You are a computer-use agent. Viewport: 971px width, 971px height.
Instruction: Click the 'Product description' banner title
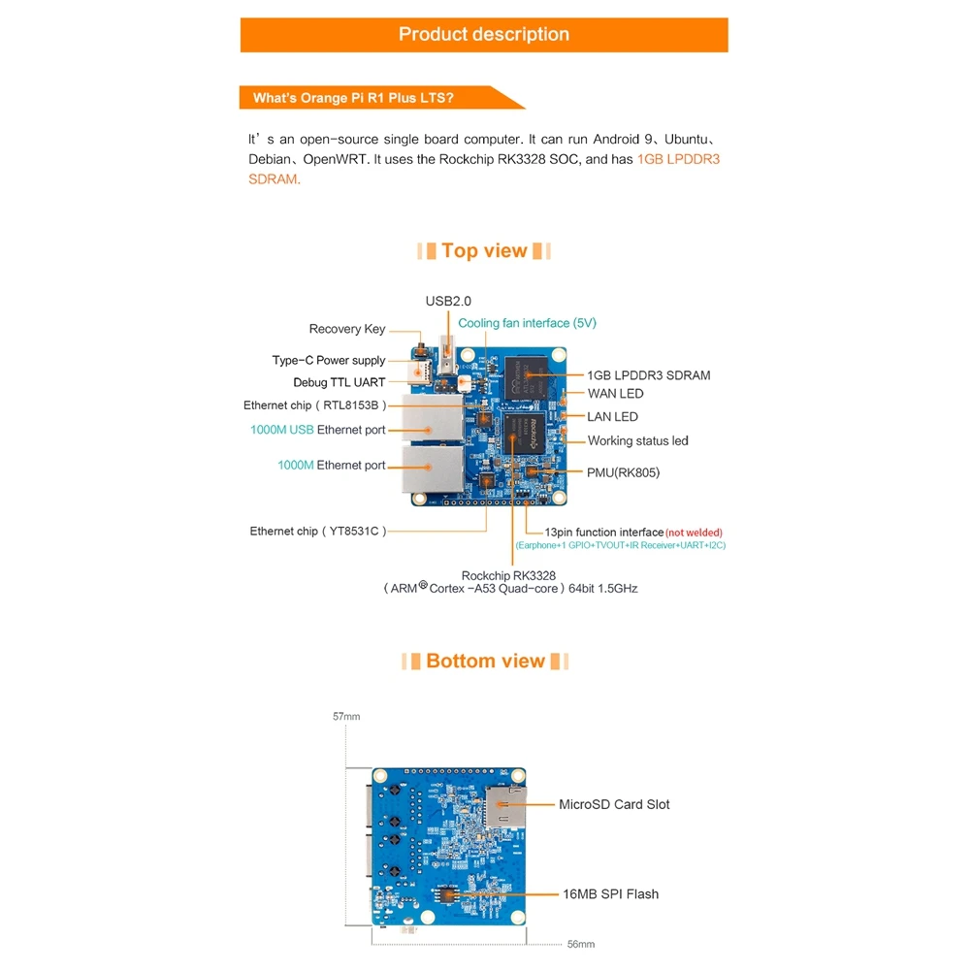click(x=484, y=35)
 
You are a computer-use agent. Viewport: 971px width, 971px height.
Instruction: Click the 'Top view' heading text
click(x=484, y=251)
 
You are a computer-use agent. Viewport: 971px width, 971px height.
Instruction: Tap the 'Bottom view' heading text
click(x=485, y=662)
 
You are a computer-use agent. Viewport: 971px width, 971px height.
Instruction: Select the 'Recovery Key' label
click(x=347, y=329)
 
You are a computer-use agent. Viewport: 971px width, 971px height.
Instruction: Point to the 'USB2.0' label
click(x=448, y=302)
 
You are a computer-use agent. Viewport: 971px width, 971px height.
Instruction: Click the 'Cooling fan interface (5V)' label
click(x=527, y=323)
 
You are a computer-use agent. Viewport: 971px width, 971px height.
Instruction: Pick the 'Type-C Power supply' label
click(x=329, y=360)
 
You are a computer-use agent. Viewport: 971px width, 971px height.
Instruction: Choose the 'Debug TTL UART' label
click(x=340, y=383)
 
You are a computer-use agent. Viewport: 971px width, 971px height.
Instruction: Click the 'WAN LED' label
click(x=615, y=394)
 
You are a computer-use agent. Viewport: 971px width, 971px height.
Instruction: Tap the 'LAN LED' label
click(x=612, y=417)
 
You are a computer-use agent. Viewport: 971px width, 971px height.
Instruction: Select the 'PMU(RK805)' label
click(x=624, y=472)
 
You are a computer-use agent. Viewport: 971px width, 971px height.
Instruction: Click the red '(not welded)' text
click(x=694, y=533)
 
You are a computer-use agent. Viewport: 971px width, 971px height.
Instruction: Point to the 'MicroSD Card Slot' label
click(x=614, y=804)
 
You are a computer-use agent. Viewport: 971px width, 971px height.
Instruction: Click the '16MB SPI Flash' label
click(x=610, y=893)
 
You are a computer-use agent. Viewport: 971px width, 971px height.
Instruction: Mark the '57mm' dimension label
click(x=346, y=717)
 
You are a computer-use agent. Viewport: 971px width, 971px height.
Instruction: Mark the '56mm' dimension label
click(x=580, y=944)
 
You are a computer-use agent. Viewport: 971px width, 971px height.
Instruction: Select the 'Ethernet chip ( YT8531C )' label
click(x=319, y=532)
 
